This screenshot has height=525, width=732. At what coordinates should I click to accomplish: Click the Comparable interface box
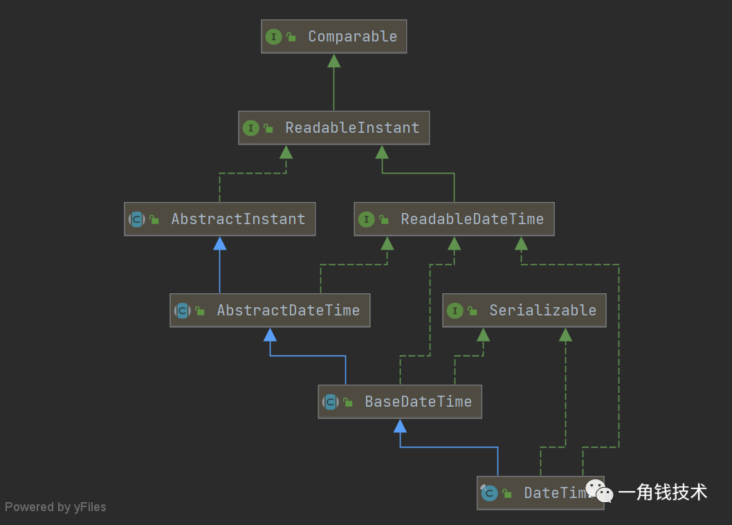(333, 37)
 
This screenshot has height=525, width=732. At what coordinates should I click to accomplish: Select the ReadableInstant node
(333, 128)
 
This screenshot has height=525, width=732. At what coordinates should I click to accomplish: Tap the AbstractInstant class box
(219, 219)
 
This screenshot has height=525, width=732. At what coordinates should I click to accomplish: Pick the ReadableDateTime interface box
(454, 219)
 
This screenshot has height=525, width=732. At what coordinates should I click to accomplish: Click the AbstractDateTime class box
(270, 311)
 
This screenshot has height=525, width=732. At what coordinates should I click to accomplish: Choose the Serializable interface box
(524, 311)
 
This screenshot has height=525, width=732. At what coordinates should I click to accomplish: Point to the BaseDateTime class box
(399, 402)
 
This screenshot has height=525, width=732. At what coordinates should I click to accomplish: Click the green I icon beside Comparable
(274, 37)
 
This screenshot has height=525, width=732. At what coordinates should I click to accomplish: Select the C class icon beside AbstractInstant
(137, 219)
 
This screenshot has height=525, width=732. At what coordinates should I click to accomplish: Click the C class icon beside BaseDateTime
(331, 402)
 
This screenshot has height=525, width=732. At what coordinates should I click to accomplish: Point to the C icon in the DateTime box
(489, 493)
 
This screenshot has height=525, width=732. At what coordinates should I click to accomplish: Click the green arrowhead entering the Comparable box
(334, 61)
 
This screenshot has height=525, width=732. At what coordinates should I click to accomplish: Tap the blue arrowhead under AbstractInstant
(220, 243)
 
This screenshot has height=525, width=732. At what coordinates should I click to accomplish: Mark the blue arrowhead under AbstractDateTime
(270, 335)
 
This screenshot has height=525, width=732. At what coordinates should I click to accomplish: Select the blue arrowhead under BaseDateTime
(400, 426)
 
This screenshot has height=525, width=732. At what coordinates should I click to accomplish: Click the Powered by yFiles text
(55, 507)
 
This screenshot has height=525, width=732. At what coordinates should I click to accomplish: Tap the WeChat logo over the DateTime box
(599, 491)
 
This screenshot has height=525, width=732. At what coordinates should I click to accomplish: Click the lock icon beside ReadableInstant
(268, 129)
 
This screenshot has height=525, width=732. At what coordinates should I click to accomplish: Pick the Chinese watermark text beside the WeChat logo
(662, 492)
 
